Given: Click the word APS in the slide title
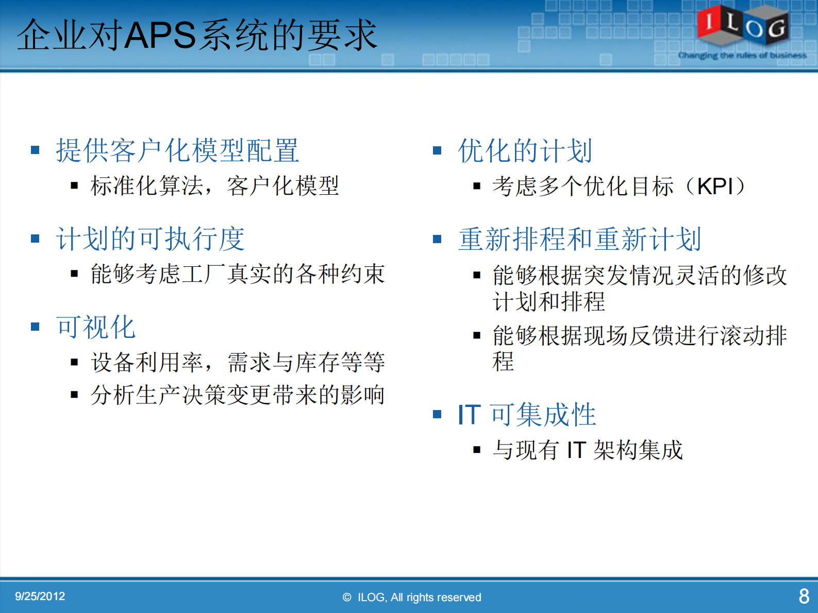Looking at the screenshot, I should tap(160, 35).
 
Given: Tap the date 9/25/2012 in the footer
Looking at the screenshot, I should tap(40, 597).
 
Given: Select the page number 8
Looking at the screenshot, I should tap(804, 597).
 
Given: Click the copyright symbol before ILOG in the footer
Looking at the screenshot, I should tap(347, 598).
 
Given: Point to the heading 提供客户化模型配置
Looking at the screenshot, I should tap(177, 151).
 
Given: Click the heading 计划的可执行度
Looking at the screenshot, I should tap(150, 239).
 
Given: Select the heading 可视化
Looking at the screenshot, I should tap(96, 327).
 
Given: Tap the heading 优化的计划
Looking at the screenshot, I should tap(525, 151).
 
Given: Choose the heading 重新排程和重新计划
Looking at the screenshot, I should tap(579, 240).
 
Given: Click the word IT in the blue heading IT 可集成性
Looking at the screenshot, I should tap(469, 415).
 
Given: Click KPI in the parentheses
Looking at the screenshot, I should tap(715, 186).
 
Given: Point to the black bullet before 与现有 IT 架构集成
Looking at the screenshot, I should tap(477, 450).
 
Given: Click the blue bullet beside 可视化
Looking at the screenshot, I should tap(35, 327).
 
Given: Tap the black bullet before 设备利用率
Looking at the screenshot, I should tap(75, 363).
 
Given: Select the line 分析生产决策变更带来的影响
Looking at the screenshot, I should tap(238, 395).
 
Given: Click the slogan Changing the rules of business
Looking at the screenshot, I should tap(742, 55).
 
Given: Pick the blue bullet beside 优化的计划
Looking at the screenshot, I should tap(437, 150).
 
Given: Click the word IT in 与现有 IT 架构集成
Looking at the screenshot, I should tap(576, 450).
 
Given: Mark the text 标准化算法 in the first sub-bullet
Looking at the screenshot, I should tap(147, 186).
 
